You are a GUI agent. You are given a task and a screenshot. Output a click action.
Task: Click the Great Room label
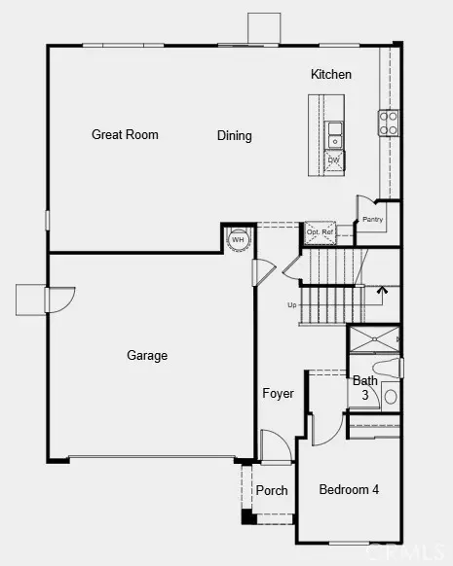[125, 135]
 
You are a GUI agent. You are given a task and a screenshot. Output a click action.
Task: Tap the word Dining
[234, 136]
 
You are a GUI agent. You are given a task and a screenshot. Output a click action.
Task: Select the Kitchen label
[331, 75]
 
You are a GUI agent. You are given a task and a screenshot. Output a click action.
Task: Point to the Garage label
[147, 356]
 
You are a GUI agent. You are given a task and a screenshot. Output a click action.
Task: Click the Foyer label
[278, 394]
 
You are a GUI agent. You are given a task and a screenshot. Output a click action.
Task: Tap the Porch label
[272, 490]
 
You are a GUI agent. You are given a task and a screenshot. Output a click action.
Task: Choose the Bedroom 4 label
[349, 489]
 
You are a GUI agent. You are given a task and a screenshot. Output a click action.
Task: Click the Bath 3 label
[365, 388]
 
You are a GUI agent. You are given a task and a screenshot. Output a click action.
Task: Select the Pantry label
[373, 220]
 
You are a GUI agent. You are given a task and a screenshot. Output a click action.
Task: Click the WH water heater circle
[238, 240]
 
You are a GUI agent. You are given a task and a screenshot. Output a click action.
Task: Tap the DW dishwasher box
[333, 159]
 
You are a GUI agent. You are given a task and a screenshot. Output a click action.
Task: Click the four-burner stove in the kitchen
[388, 122]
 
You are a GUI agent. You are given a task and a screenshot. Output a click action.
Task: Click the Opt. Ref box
[320, 232]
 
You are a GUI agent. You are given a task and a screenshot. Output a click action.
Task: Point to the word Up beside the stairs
[291, 305]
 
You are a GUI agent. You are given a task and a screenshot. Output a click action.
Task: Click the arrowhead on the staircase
[381, 289]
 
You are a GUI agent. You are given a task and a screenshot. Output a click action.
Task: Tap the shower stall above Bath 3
[374, 339]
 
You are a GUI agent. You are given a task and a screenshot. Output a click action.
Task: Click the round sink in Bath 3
[390, 397]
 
